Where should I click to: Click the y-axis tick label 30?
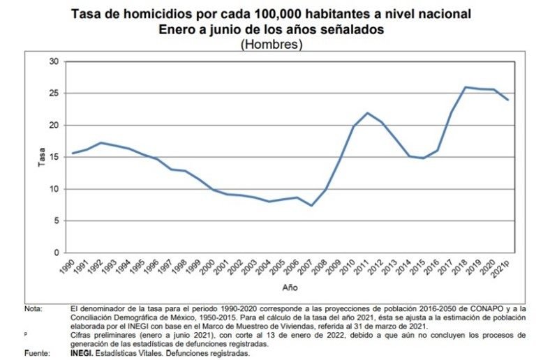[x=54, y=61]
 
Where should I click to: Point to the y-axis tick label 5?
[x=57, y=221]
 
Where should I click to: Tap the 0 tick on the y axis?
[x=57, y=253]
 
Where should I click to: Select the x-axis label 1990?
[x=67, y=266]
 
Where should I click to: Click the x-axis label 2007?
[x=306, y=266]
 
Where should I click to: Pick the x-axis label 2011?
[x=362, y=266]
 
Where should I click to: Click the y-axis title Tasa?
[x=41, y=157]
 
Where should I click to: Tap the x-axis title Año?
[x=290, y=287]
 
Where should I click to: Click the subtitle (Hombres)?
[x=271, y=45]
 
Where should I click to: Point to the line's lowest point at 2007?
[x=311, y=205]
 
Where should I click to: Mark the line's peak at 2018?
[x=466, y=87]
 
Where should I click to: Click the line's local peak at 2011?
[x=367, y=113]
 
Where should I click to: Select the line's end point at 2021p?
[x=507, y=100]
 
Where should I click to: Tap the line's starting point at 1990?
[x=73, y=153]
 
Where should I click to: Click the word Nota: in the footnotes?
[x=33, y=309]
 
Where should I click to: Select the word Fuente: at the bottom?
[x=37, y=353]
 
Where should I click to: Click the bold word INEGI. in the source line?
[x=82, y=353]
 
